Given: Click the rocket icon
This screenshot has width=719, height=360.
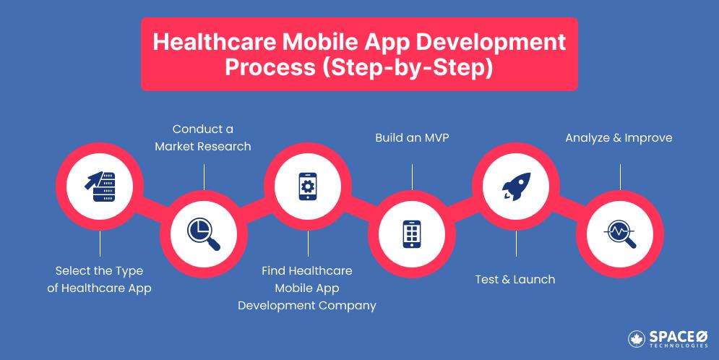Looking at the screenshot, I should (x=516, y=187).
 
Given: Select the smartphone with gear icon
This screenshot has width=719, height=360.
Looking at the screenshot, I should (x=308, y=187).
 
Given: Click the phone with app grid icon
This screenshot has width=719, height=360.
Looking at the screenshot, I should (x=412, y=233).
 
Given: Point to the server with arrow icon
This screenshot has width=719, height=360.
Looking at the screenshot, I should (x=100, y=187).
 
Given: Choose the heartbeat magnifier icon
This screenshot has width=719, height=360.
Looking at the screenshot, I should (x=620, y=233).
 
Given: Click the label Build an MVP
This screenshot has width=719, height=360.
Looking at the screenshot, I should (x=412, y=137).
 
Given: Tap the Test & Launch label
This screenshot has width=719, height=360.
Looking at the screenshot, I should (x=515, y=279).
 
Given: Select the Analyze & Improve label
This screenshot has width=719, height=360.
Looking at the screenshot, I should (x=619, y=137).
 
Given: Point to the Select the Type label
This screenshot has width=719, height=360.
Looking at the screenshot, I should (x=100, y=271).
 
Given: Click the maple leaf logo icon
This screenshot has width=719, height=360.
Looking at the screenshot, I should (x=637, y=338).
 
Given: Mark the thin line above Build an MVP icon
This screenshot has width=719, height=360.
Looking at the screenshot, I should (x=412, y=176).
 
